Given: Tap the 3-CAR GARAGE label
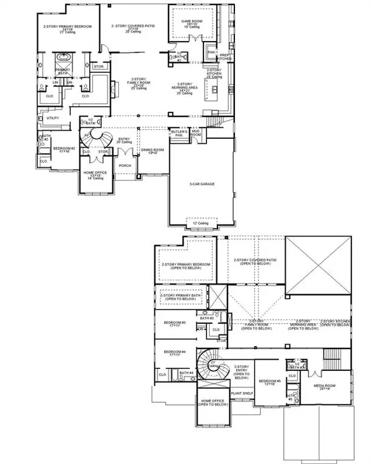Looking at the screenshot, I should click(x=201, y=184).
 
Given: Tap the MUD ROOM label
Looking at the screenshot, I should click(x=196, y=133).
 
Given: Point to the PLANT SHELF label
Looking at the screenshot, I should click(x=241, y=393).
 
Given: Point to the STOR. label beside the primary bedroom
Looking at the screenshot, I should click(x=97, y=66).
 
